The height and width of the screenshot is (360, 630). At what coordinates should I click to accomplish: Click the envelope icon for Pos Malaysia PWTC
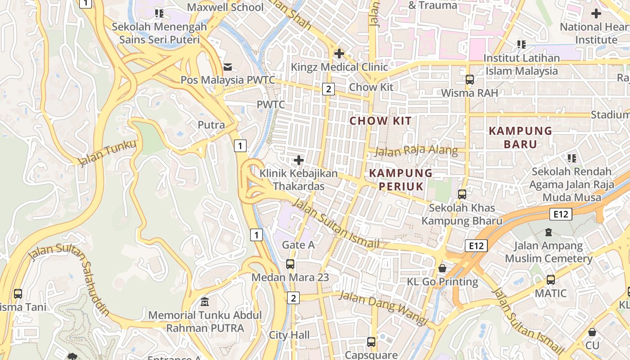coord(228,67)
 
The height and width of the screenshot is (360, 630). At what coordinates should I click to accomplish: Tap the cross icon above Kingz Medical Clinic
coord(339,54)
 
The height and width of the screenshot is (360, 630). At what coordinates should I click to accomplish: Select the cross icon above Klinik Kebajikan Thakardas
coord(298,160)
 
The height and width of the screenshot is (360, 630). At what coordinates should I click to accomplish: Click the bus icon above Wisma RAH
coord(470,80)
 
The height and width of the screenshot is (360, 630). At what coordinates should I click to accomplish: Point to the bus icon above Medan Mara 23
coord(290,264)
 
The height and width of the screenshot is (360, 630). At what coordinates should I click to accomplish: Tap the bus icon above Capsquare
coord(371,342)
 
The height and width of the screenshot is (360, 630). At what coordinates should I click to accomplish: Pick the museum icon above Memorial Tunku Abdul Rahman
coord(205,301)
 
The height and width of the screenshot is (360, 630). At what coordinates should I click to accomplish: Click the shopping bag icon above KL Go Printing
coord(442,269)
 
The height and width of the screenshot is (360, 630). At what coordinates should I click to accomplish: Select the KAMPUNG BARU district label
coord(520,137)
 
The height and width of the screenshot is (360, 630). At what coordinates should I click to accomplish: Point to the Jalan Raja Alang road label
coord(416,151)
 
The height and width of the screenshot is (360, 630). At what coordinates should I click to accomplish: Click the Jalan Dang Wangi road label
coord(382,308)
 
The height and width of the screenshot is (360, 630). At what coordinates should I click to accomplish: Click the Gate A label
coord(298,245)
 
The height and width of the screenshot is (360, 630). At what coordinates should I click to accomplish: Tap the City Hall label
coord(289,335)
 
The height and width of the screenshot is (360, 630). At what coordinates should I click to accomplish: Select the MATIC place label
coord(551,293)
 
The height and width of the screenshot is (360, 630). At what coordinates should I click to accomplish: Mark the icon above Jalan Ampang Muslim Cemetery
coord(548,232)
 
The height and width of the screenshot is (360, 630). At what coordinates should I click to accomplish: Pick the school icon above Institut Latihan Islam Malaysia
coord(522,45)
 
